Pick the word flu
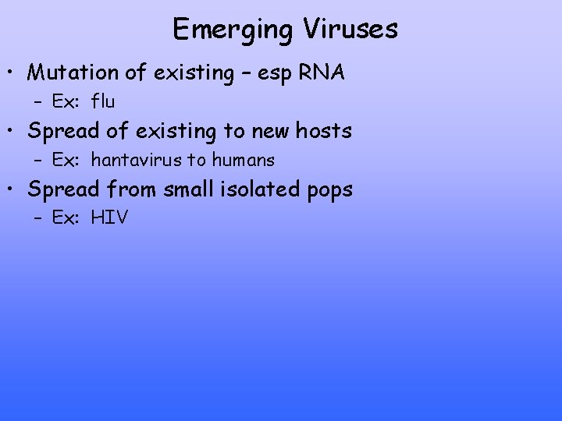pyautogui.click(x=103, y=101)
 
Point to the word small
pyautogui.click(x=187, y=189)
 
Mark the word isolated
pyautogui.click(x=261, y=189)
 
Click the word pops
pyautogui.click(x=332, y=191)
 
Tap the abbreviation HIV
pyautogui.click(x=109, y=218)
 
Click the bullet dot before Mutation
pyautogui.click(x=14, y=74)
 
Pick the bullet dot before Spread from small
pyautogui.click(x=14, y=190)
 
